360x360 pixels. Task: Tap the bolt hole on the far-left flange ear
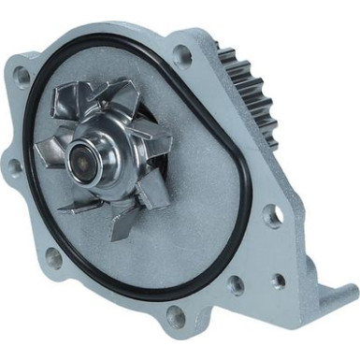point(16,167)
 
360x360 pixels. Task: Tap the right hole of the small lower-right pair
point(277,280)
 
